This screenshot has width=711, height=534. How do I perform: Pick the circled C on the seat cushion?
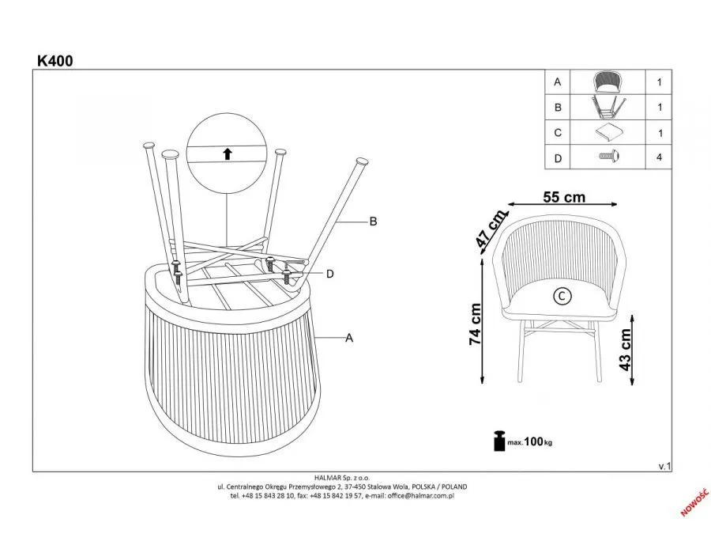(561, 296)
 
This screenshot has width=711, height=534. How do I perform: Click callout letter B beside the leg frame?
(373, 222)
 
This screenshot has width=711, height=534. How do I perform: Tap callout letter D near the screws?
(330, 274)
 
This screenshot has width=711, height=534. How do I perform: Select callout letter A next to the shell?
(348, 338)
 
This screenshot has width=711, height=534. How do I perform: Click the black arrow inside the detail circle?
(228, 153)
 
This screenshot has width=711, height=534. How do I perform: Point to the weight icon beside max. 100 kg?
(499, 441)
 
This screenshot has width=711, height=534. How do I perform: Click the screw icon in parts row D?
(608, 157)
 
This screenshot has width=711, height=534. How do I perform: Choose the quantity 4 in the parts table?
(658, 157)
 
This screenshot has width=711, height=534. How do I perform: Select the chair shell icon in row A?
(608, 81)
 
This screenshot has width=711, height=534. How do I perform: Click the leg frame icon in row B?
(608, 106)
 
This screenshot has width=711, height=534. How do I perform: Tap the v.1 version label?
(664, 467)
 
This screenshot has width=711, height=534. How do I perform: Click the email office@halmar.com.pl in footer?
(420, 496)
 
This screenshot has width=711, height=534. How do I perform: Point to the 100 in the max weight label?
(533, 441)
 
